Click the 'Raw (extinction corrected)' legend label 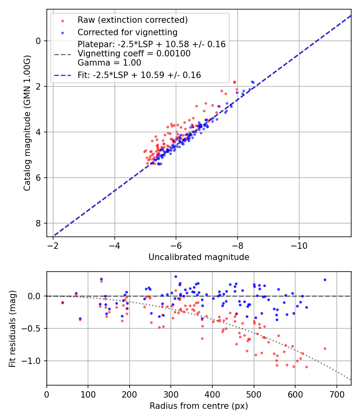[x=132, y=20]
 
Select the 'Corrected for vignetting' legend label [x=127, y=32]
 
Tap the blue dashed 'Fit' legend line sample [x=62, y=75]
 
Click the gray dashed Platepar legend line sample [x=62, y=54]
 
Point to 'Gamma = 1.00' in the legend [x=109, y=63]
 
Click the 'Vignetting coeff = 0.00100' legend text [x=134, y=54]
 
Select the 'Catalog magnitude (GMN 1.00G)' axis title [x=27, y=123]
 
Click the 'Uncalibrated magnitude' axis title [x=199, y=257]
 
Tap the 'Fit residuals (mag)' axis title [x=12, y=328]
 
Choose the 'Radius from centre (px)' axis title [x=199, y=406]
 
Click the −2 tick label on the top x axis [x=53, y=245]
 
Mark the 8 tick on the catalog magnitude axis [x=39, y=223]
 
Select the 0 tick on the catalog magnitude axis [x=39, y=41]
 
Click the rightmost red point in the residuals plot [x=325, y=348]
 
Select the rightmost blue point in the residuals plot [x=325, y=280]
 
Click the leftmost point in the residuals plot [x=62, y=303]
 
